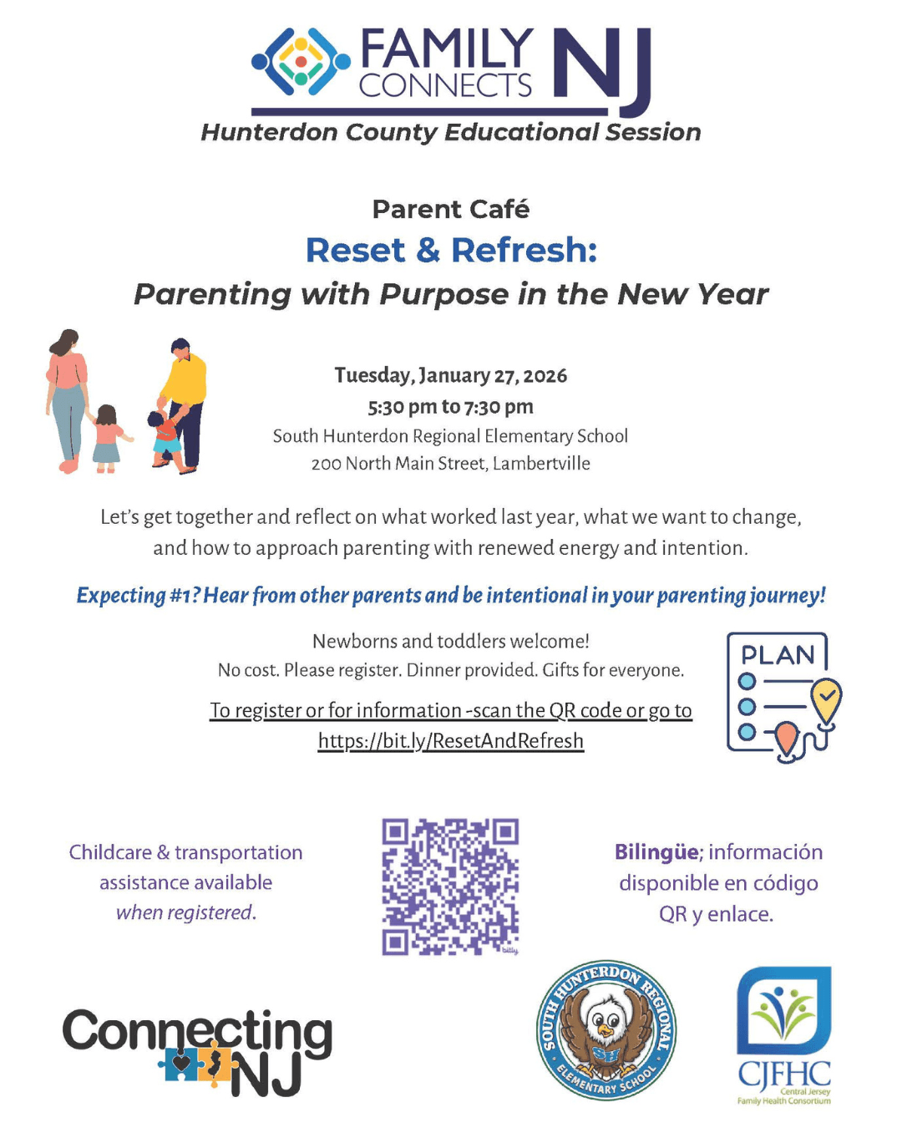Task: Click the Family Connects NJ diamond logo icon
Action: tap(302, 62)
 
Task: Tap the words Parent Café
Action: tap(450, 209)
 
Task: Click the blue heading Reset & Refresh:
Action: tap(451, 250)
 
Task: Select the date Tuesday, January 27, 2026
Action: tap(451, 375)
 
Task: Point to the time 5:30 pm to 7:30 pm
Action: tap(451, 407)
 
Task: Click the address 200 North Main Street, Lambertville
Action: tap(451, 464)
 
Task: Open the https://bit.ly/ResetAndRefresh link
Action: tap(451, 741)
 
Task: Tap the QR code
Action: tap(451, 887)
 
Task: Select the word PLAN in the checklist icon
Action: tap(778, 655)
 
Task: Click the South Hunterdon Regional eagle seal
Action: tap(606, 1030)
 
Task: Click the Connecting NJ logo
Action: tap(197, 1051)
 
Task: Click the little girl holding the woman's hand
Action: tap(107, 439)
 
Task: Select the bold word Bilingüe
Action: tap(656, 852)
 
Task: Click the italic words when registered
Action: tap(185, 912)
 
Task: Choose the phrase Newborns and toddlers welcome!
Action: tap(451, 642)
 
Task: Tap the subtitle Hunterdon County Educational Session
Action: tap(451, 133)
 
